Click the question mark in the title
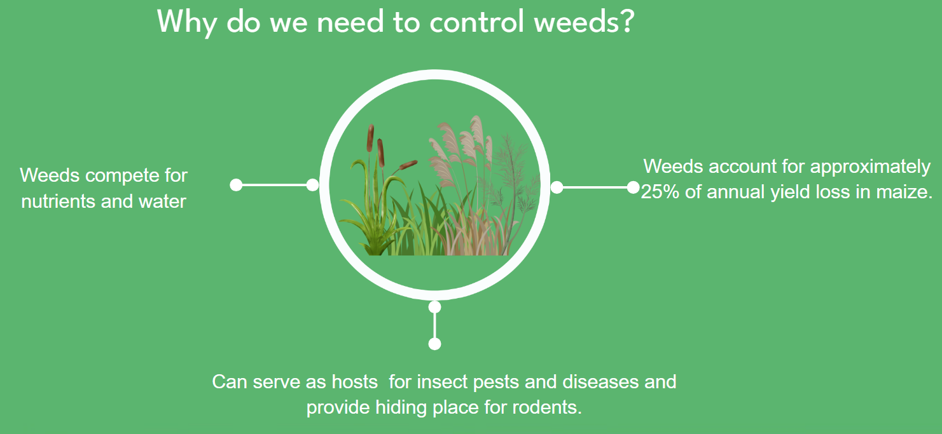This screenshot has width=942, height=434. [x=627, y=21]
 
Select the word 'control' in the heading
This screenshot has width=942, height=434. [x=477, y=21]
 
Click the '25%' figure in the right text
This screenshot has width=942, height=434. [x=660, y=192]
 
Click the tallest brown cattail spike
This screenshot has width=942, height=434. [x=370, y=138]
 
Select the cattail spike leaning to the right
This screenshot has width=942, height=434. [x=408, y=165]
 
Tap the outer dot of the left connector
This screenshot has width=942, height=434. [x=236, y=185]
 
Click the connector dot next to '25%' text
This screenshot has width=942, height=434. [x=633, y=187]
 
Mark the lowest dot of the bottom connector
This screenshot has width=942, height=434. [x=434, y=344]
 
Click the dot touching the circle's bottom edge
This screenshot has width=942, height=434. [x=434, y=307]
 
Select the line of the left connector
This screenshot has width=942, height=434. [x=274, y=185]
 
